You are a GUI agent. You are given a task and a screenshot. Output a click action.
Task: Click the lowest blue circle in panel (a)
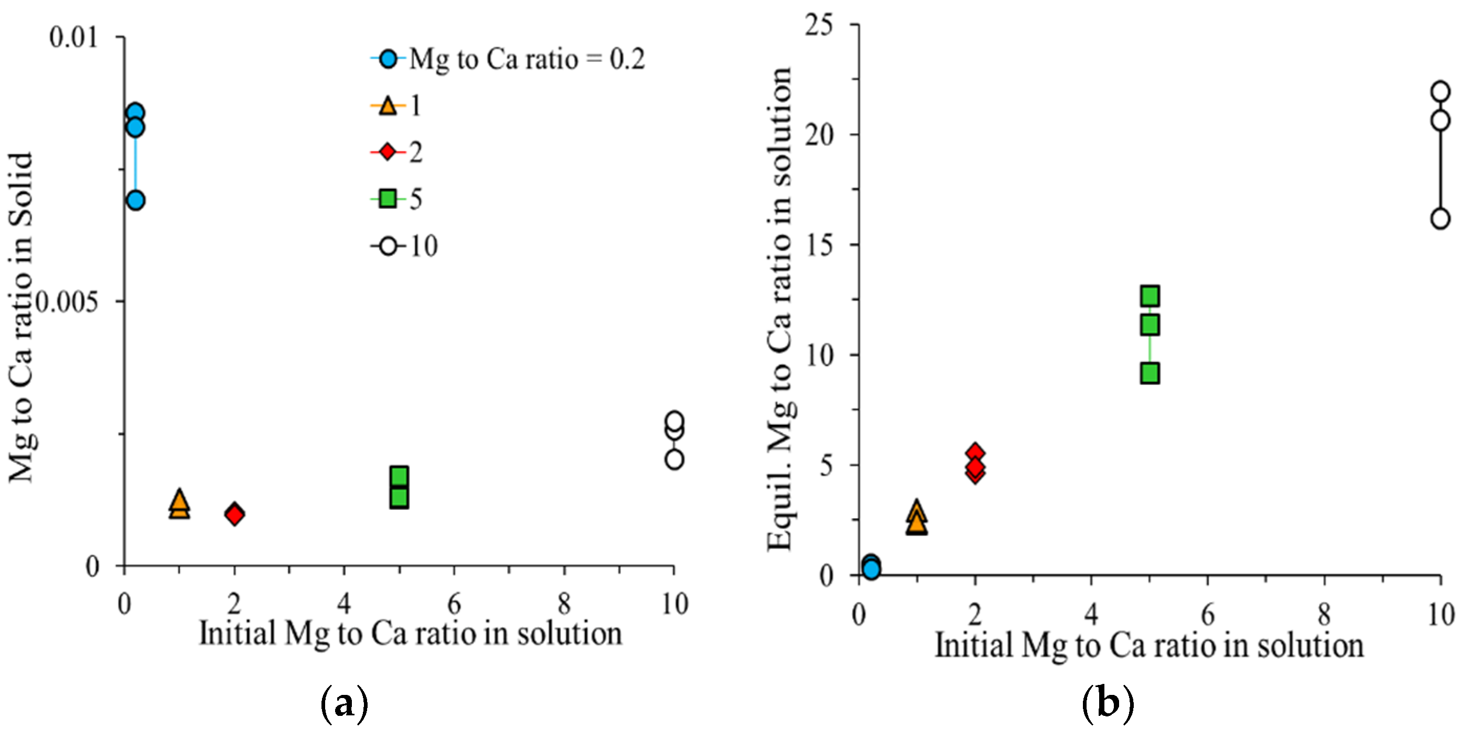[135, 200]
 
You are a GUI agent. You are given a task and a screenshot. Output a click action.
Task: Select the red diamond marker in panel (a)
[234, 514]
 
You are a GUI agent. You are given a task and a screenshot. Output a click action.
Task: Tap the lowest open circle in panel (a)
[674, 459]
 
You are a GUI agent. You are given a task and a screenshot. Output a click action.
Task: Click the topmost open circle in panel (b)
[1441, 91]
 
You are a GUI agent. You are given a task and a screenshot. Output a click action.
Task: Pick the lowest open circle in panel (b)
[1441, 218]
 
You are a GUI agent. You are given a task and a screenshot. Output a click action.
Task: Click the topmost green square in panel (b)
[1150, 295]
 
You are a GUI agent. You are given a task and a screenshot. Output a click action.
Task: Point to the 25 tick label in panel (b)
[819, 25]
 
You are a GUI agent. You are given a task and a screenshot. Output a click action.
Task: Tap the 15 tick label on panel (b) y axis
[819, 245]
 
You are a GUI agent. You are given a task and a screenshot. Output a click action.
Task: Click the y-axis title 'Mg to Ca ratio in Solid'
[22, 317]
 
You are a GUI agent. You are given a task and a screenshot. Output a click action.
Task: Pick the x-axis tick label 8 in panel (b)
[1324, 615]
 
